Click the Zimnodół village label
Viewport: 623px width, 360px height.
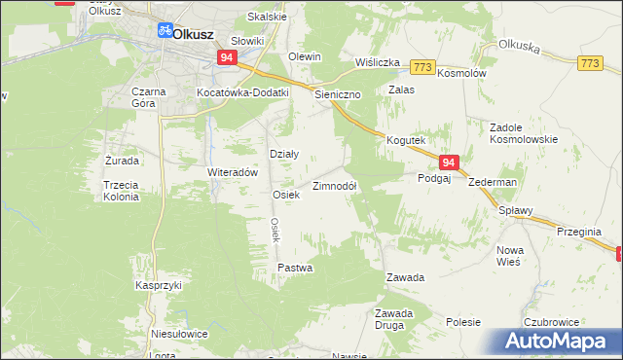335,186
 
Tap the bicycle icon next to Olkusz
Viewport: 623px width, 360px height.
165,32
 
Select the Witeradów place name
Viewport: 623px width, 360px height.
232,171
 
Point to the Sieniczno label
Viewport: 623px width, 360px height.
338,95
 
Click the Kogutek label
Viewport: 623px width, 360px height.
407,140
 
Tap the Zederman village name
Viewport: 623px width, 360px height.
492,182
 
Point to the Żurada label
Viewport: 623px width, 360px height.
122,160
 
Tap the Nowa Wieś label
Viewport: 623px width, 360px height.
510,256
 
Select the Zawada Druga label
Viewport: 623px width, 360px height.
395,318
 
